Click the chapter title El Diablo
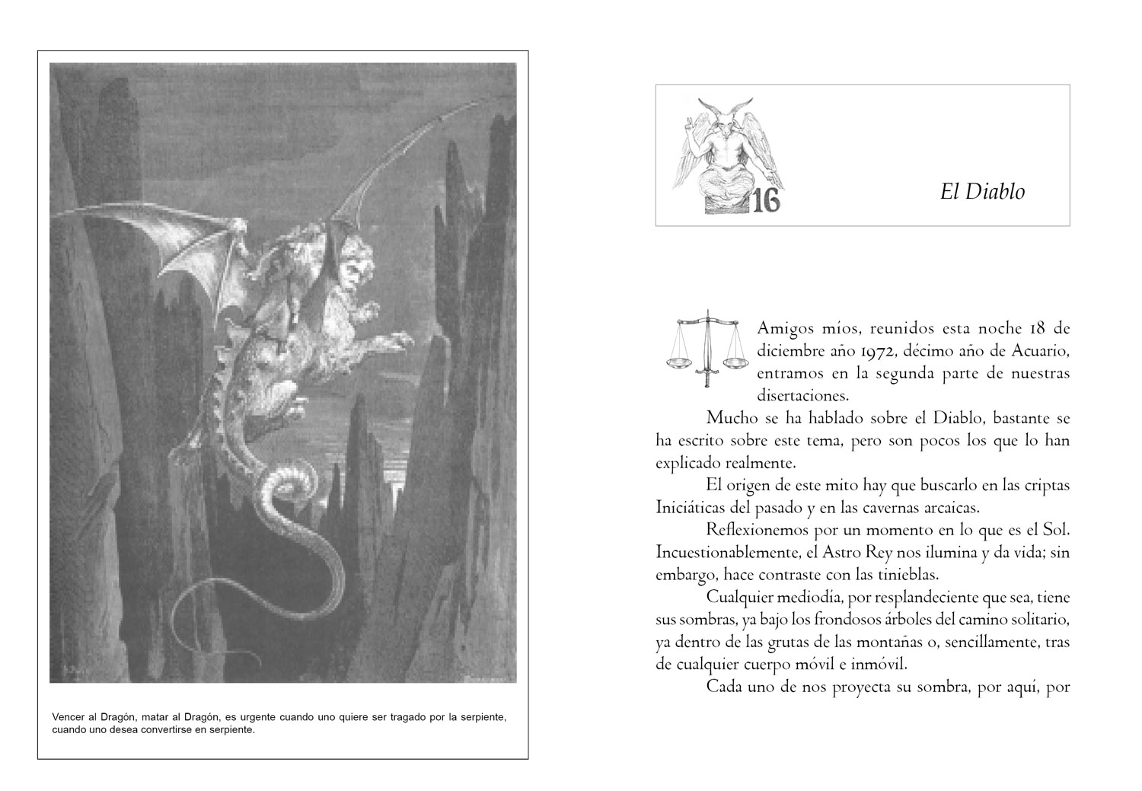982,192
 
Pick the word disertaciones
802,396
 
